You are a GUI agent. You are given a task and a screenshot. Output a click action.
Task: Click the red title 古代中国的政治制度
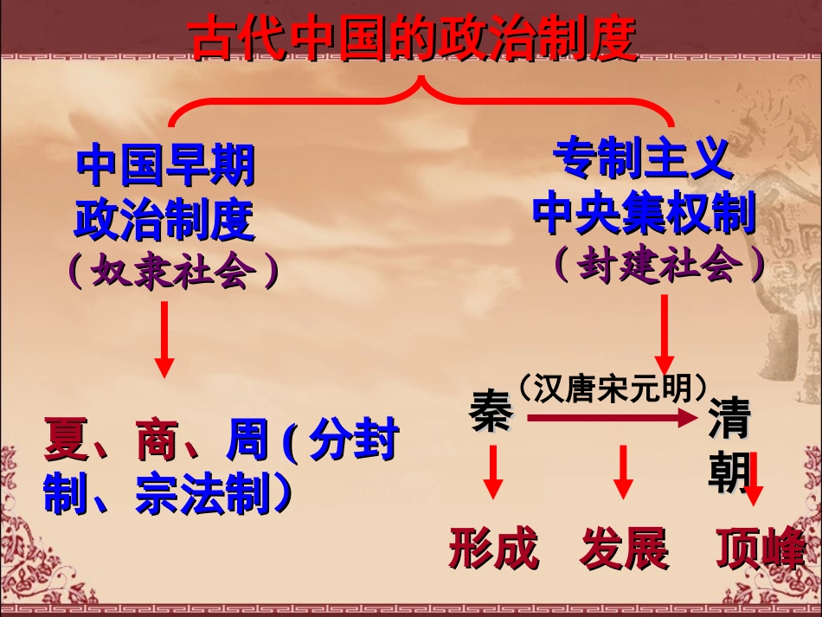[414, 39]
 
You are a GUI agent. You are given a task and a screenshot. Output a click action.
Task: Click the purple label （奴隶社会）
[174, 271]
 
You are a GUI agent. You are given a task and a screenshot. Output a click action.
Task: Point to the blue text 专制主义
[639, 159]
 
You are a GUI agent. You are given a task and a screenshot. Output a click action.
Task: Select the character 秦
[491, 414]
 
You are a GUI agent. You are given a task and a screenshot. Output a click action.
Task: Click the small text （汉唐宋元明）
[613, 386]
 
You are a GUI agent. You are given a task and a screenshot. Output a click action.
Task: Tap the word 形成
[493, 548]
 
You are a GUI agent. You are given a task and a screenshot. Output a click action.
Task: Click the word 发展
[625, 548]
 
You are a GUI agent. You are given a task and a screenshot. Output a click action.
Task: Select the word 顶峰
[761, 548]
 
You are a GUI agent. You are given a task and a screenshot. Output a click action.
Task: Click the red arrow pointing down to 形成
[493, 472]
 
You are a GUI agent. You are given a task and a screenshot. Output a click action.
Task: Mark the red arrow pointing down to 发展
[623, 472]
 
